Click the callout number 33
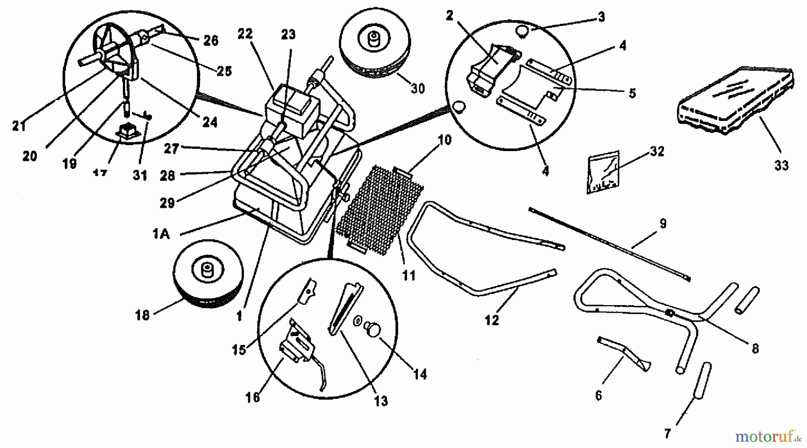point(781,166)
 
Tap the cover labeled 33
point(735,101)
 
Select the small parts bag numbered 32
point(603,172)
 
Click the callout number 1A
point(161,233)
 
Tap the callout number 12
point(492,320)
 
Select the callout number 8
point(755,349)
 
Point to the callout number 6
point(599,396)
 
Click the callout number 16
point(253,397)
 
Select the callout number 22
point(245,34)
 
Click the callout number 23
point(288,34)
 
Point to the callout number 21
point(19,126)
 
